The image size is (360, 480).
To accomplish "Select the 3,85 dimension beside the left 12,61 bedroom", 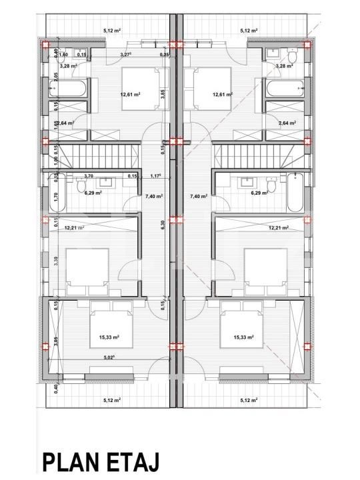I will point(162,95).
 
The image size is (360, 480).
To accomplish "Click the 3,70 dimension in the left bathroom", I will point(88,176).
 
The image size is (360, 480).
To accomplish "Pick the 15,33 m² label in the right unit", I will point(245,337).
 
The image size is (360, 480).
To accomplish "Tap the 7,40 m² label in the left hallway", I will point(155,197).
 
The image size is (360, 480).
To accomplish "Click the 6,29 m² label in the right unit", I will point(259,193).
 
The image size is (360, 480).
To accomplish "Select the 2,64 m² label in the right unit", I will point(287,123).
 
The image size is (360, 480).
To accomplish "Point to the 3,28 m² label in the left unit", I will point(67,66).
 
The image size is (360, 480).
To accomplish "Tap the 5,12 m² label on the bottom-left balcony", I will point(112,400).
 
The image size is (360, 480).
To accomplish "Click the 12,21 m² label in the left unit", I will point(75,228).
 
